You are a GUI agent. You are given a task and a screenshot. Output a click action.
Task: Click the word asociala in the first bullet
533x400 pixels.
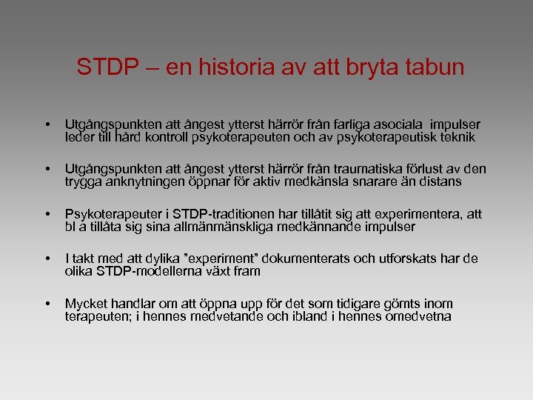pyautogui.click(x=409, y=124)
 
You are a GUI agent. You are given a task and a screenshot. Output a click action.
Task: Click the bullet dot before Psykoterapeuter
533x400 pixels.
pyautogui.click(x=47, y=214)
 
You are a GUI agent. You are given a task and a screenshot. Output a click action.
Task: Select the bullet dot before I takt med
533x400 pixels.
pyautogui.click(x=47, y=259)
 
